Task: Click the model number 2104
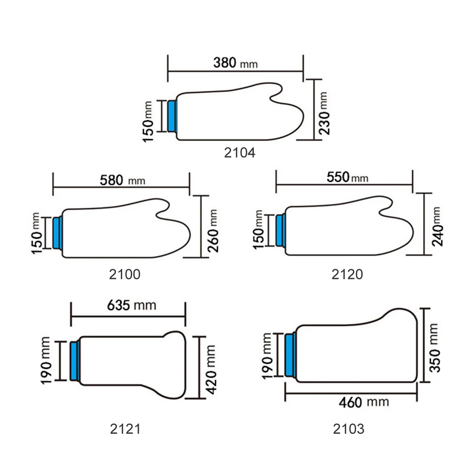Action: (x=240, y=152)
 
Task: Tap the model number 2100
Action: (x=125, y=274)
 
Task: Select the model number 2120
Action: (x=347, y=274)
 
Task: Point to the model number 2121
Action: (x=125, y=429)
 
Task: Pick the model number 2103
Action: (x=349, y=429)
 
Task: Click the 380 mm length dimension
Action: (x=235, y=63)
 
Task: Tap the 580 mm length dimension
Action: (x=123, y=180)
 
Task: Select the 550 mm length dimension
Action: (x=348, y=177)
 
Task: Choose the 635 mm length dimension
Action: (x=132, y=305)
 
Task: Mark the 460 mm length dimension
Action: (x=364, y=402)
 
